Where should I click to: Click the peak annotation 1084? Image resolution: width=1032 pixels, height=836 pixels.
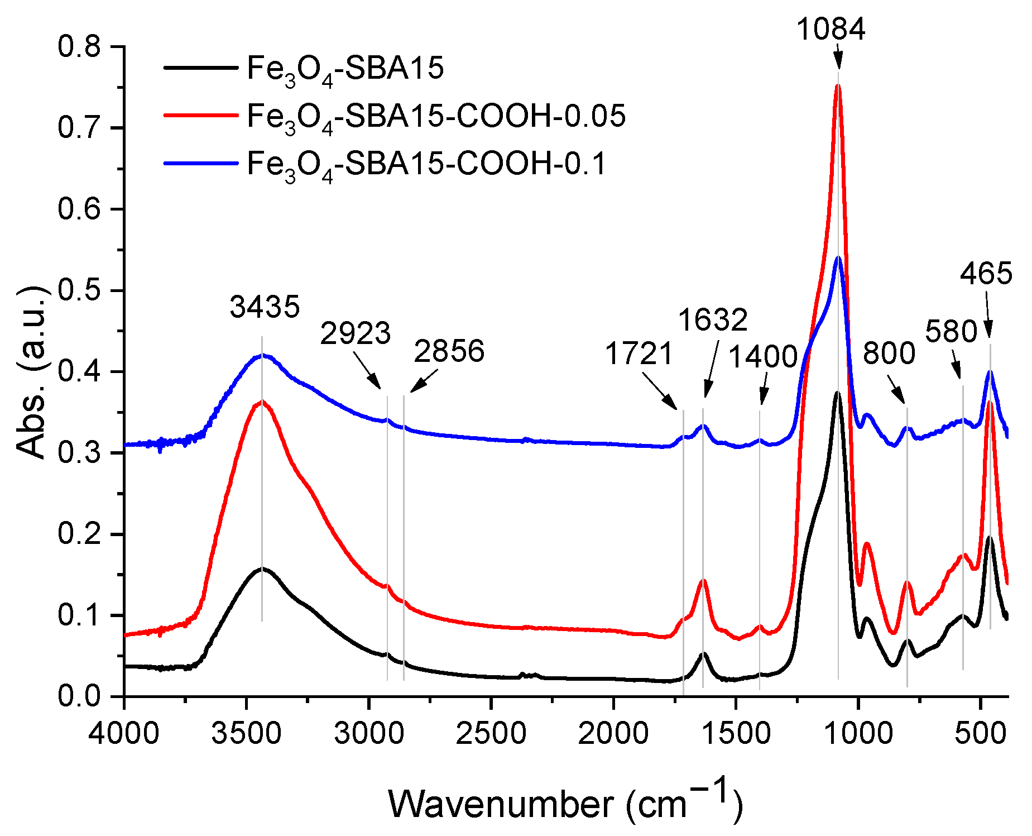coord(830,29)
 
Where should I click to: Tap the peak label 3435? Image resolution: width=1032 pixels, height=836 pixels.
coord(265,307)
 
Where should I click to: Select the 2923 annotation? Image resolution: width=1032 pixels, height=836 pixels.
coord(355,333)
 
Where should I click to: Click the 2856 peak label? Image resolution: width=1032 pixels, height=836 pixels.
coord(449,351)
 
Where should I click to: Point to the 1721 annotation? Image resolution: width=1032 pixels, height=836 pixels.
coord(639,354)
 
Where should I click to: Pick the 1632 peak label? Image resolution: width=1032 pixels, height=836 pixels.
coord(712,320)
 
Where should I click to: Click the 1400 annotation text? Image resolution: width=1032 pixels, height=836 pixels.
coord(763,357)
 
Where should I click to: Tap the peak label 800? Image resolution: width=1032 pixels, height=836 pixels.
coord(889,353)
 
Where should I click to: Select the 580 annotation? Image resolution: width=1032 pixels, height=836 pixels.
coord(951,332)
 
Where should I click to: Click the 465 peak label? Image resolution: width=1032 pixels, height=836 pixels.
coord(986,274)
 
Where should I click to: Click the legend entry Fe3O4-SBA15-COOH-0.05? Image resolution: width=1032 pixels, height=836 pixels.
coord(436,117)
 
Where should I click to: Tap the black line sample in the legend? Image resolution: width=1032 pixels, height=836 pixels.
coord(201,68)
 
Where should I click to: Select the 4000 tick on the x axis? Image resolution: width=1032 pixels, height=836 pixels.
coord(124,733)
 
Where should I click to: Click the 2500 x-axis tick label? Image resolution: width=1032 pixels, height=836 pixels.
coord(491,733)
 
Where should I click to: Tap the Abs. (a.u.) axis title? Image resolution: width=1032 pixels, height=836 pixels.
coord(31,371)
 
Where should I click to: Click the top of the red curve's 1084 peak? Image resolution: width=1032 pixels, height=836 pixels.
coord(837,85)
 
